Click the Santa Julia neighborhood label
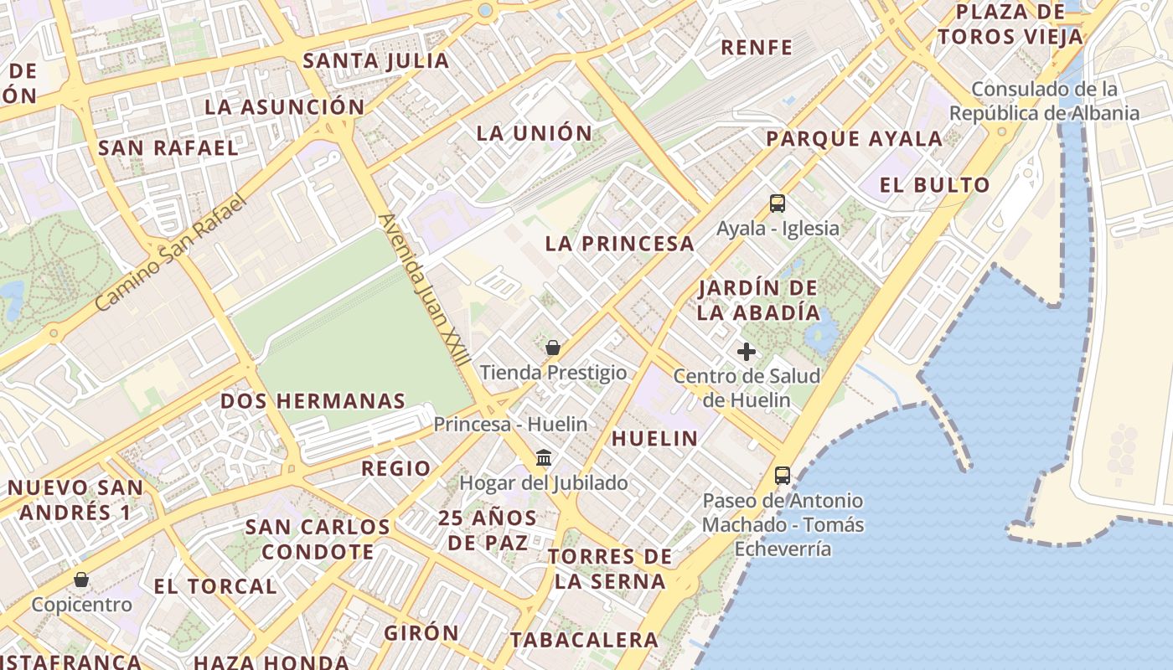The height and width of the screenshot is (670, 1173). point(376,61)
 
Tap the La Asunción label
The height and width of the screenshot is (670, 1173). point(285,107)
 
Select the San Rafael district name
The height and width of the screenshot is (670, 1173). point(168,148)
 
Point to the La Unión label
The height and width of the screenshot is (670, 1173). point(535,133)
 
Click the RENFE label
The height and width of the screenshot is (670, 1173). point(757,48)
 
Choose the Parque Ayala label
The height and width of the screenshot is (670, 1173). point(855,139)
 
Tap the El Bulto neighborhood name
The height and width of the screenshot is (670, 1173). point(935,185)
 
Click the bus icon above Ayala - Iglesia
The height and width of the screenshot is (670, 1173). point(778,204)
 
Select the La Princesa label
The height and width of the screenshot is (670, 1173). point(620,244)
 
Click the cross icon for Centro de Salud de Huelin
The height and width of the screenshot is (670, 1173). point(747,352)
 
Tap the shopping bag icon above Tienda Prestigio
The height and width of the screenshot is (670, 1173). point(553,348)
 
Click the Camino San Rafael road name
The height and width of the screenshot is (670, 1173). point(173,252)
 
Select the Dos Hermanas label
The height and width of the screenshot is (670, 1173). point(313,401)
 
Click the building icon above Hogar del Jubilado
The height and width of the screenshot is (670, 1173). point(544,458)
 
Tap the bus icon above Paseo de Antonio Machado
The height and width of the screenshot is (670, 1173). point(783,476)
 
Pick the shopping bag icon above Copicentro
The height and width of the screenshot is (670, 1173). point(81,580)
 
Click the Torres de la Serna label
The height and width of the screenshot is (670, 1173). point(611,569)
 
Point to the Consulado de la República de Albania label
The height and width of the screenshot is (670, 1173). point(1044,101)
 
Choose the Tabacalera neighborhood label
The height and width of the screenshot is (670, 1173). point(585,640)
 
